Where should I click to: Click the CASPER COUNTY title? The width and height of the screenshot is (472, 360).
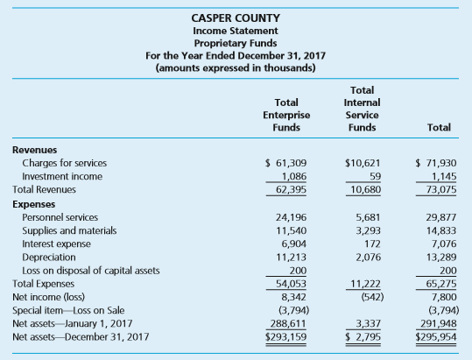point(236,18)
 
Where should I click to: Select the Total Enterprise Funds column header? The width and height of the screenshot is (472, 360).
point(286,115)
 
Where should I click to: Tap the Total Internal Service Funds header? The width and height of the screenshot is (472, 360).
point(363,109)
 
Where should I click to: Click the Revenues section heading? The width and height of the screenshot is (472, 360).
point(35,150)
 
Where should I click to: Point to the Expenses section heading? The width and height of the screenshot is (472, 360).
point(33,204)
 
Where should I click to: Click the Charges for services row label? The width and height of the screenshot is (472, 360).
point(65,163)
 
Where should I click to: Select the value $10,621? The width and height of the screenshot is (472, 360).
point(363,163)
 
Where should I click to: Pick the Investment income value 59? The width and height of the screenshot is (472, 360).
point(376,176)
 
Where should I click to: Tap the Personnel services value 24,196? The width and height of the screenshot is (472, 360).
point(291,217)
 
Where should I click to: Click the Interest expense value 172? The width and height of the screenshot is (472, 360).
point(372,244)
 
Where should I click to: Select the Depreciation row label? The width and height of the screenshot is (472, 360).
point(49,258)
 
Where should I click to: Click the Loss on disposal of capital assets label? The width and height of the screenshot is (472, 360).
point(91,271)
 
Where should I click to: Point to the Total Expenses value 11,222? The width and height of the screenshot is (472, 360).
point(365,284)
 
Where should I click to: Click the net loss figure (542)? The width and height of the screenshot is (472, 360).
point(372,297)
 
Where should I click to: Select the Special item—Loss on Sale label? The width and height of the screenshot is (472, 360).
point(68,310)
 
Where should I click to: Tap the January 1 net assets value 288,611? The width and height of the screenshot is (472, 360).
point(288,323)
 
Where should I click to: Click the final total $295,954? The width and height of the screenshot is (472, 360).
point(436,337)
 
